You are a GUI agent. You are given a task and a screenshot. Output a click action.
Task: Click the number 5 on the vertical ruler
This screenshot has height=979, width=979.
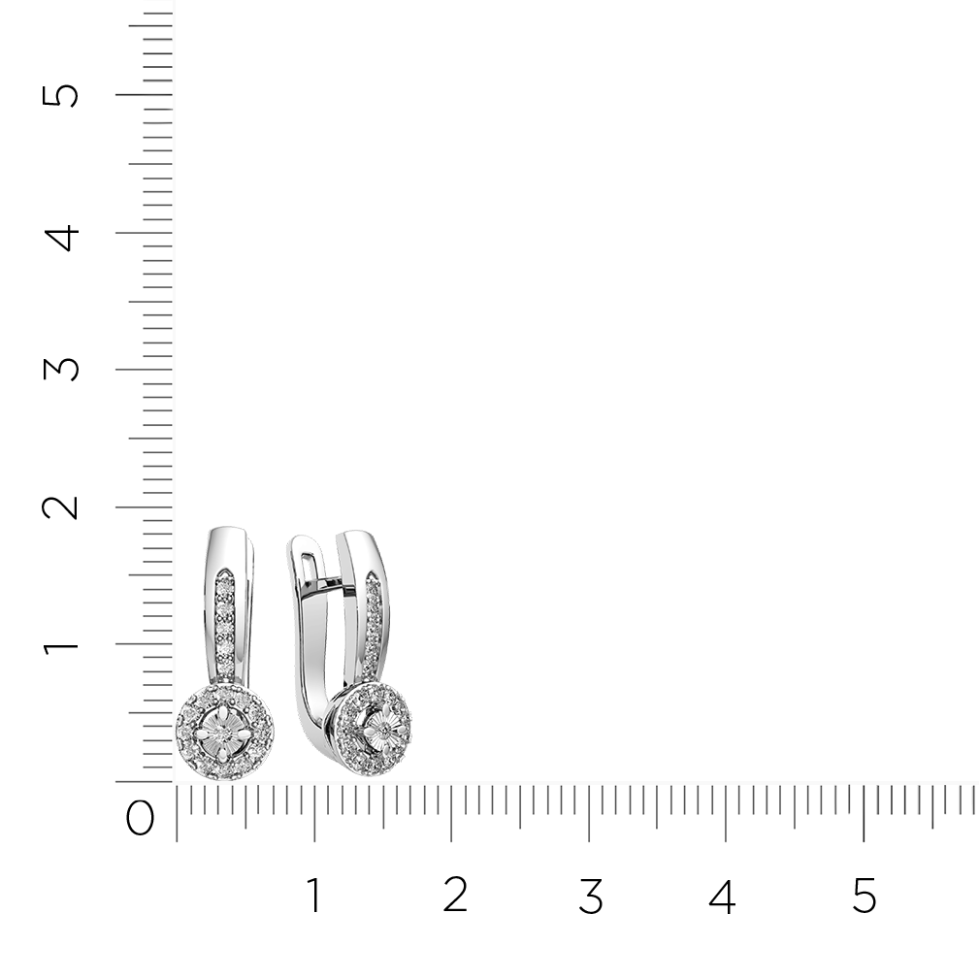[x=60, y=96]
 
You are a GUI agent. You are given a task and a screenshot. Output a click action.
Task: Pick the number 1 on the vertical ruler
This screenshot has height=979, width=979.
[x=60, y=643]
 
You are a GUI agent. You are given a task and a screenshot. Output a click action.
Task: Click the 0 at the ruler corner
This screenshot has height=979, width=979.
[x=140, y=818]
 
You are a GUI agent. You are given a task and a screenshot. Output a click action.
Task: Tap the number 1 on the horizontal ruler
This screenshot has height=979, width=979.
[x=314, y=896]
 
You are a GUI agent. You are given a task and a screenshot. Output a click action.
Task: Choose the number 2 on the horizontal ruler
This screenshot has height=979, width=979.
[x=455, y=895]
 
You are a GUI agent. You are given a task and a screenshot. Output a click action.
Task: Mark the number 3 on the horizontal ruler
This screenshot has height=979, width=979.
[x=591, y=896]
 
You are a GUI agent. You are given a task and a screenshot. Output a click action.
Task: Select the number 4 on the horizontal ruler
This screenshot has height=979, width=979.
[x=723, y=896]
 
